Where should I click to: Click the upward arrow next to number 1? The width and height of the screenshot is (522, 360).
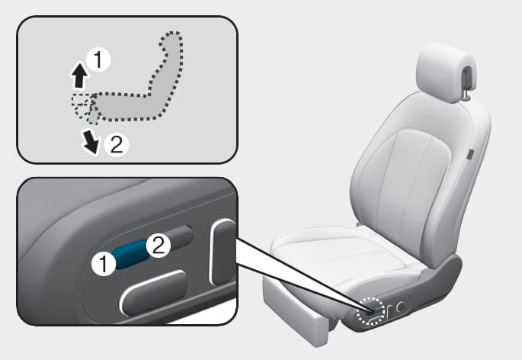tap(79, 76)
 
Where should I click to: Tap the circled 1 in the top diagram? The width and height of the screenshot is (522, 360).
tap(98, 60)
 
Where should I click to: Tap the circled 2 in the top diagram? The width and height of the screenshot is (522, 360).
tap(116, 145)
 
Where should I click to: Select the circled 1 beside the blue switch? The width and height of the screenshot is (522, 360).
tap(104, 263)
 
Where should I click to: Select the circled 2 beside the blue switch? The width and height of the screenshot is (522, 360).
tap(159, 245)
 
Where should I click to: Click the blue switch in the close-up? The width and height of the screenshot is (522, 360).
tap(130, 254)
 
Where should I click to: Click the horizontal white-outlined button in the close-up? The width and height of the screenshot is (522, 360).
tap(154, 293)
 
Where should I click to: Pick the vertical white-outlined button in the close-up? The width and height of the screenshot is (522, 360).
tap(223, 252)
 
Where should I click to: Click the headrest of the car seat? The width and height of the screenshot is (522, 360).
tap(446, 72)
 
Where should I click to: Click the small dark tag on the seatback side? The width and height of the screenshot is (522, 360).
tap(470, 155)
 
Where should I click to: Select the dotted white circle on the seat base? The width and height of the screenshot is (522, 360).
tap(370, 310)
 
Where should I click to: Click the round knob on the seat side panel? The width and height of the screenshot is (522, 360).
tap(401, 306)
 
